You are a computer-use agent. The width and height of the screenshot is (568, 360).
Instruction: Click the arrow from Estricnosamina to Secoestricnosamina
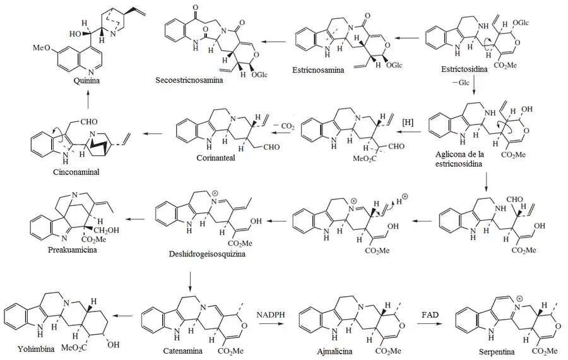point(273,41)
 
